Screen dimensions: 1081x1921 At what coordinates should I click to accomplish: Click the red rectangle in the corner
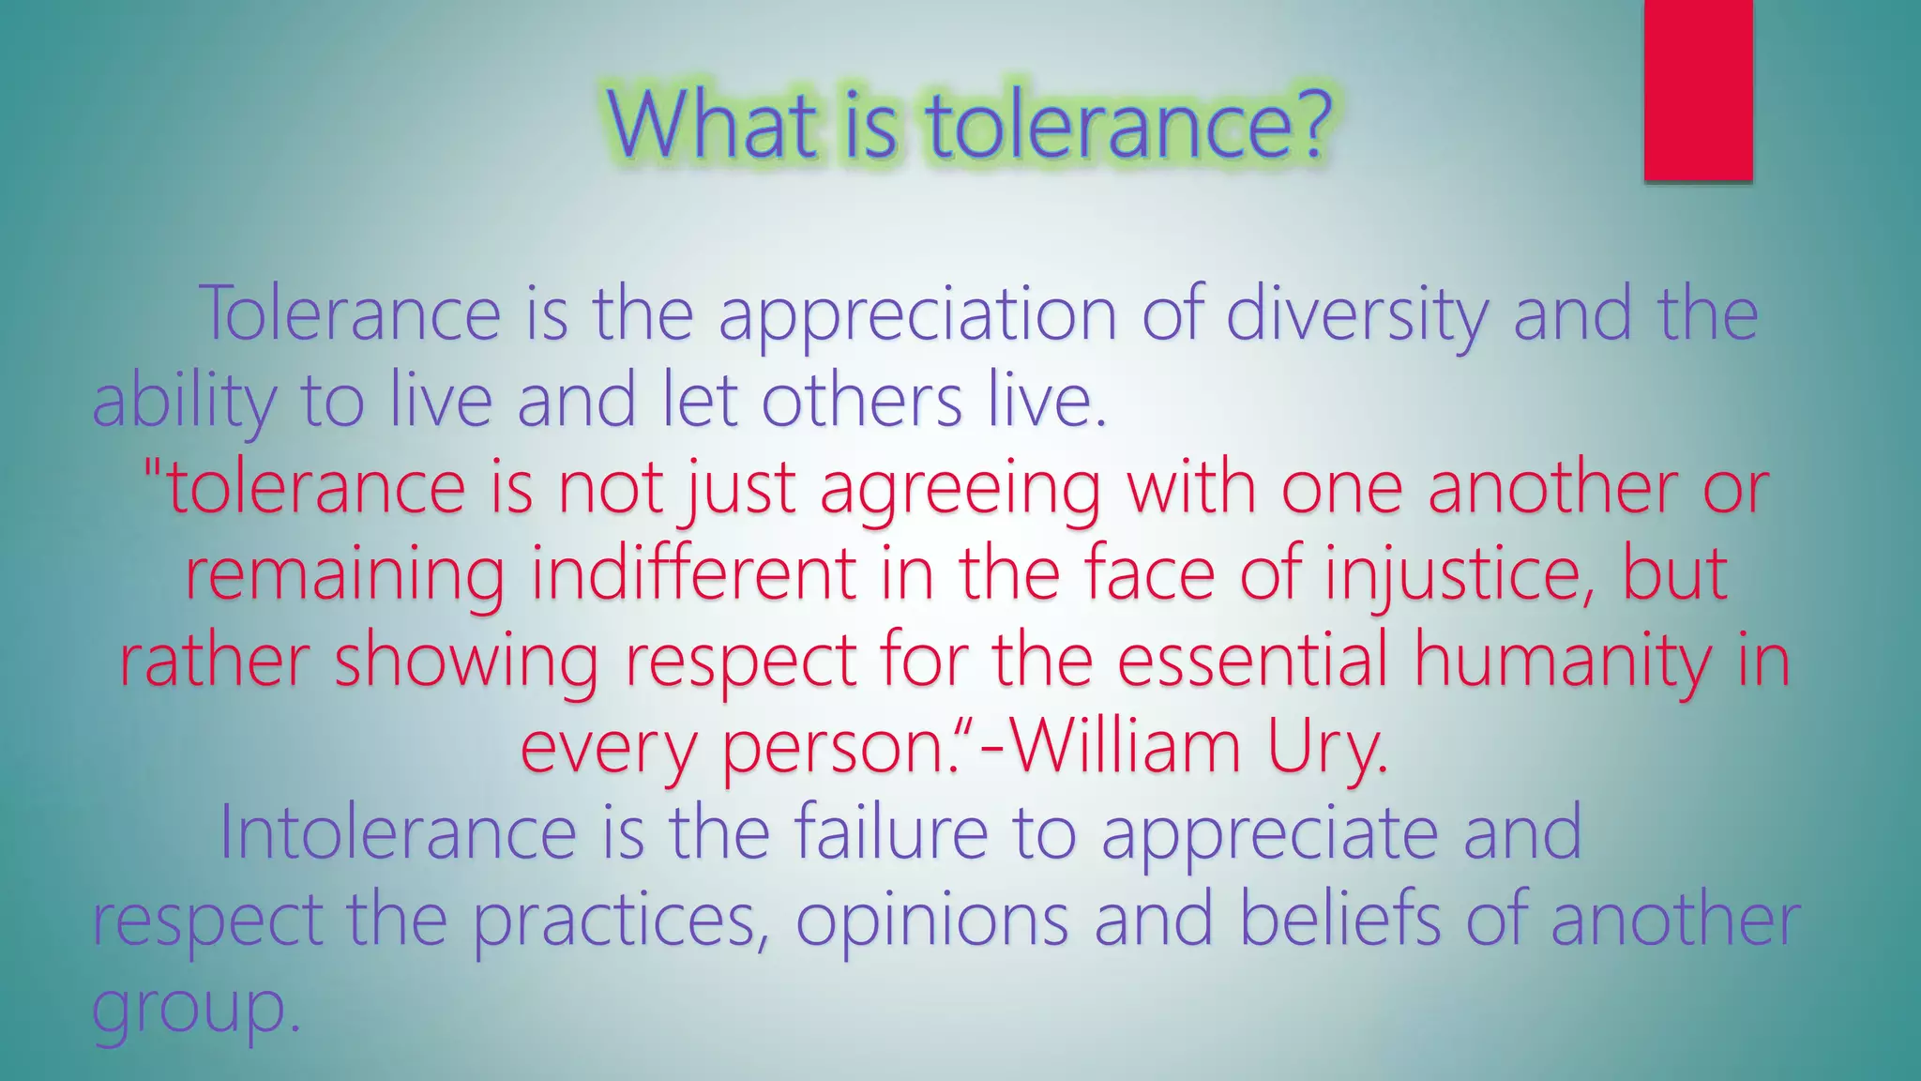click(x=1698, y=90)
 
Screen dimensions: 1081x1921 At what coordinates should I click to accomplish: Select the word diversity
click(x=1356, y=315)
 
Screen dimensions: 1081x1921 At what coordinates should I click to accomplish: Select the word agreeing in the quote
click(x=960, y=490)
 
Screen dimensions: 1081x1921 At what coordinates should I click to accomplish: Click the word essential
click(x=1252, y=659)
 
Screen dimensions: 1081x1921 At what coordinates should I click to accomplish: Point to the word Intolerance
click(x=398, y=832)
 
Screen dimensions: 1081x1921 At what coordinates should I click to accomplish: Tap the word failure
click(x=891, y=832)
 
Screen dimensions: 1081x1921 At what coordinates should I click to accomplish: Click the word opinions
click(x=931, y=921)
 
